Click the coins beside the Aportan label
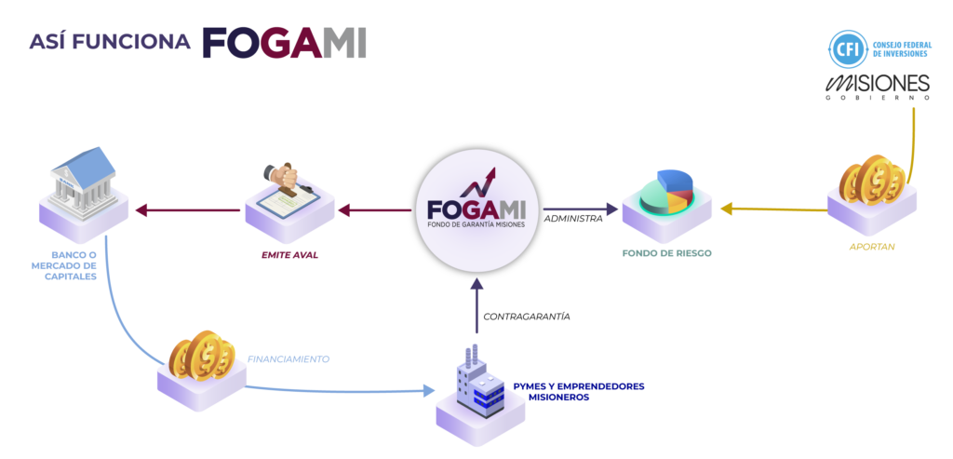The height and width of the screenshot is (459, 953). pos(871,179)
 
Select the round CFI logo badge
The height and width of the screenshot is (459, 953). pos(846,48)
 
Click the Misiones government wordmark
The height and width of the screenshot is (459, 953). pos(878,87)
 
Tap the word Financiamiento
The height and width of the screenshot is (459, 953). pos(288,358)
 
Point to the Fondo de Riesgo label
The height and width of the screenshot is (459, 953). pos(669,253)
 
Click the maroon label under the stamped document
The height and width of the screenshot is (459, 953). pos(289,254)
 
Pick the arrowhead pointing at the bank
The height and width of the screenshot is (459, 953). pos(141,210)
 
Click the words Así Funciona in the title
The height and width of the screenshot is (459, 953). pos(110,42)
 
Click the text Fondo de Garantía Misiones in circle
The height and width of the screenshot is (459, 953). pos(476,223)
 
